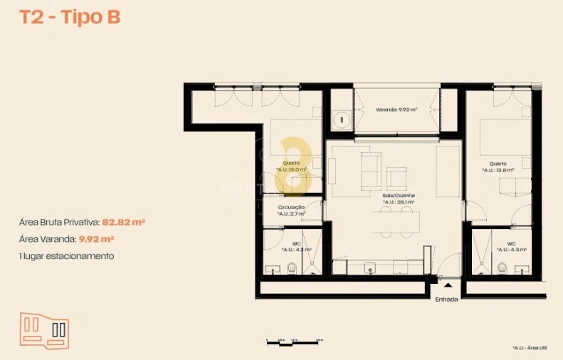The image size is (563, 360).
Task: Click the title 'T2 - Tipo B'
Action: pyautogui.click(x=70, y=18)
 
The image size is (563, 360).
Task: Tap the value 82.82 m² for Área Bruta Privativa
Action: pyautogui.click(x=124, y=222)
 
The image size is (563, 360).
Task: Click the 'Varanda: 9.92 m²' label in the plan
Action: pyautogui.click(x=396, y=110)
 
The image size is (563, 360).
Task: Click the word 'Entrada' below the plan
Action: pyautogui.click(x=446, y=300)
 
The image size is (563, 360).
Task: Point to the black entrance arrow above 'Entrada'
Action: pyautogui.click(x=446, y=285)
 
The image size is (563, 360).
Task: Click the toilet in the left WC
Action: pyautogui.click(x=291, y=268)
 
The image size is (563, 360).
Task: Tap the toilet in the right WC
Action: pyautogui.click(x=503, y=268)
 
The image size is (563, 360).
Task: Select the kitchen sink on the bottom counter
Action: pyautogui.click(x=369, y=268)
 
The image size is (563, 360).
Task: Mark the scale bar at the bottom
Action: pyautogui.click(x=292, y=343)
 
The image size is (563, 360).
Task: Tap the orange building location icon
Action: pyautogui.click(x=44, y=329)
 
